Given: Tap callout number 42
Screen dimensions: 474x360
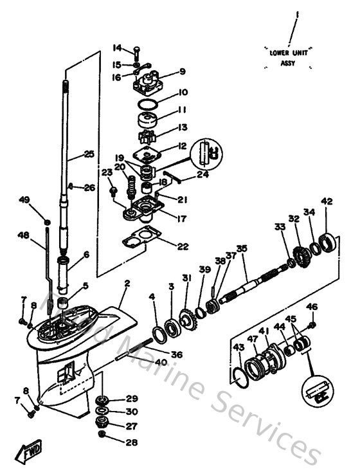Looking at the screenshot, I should click(x=327, y=202).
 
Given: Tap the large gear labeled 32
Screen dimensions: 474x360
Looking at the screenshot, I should click(x=297, y=248).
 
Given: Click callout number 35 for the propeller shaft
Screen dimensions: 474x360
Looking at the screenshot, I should click(x=242, y=248).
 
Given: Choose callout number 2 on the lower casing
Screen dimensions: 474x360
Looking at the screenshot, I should click(x=127, y=284).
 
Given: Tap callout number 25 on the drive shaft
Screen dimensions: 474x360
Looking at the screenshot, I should click(x=89, y=154).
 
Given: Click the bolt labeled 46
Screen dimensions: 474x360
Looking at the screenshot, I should click(x=312, y=327).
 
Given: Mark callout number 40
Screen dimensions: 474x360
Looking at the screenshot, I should click(x=161, y=363).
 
